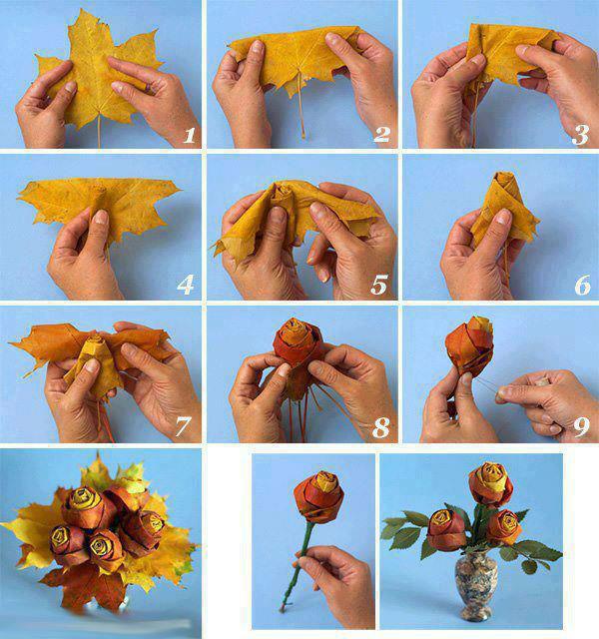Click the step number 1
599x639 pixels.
coord(189,136)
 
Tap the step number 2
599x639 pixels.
coord(381,135)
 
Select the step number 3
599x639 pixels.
coord(581,135)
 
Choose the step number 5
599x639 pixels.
coord(379,285)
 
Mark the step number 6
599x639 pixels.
coord(582,285)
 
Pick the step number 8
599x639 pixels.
coord(381,428)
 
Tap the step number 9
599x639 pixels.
coord(581,426)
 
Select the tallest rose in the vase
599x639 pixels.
coord(490,483)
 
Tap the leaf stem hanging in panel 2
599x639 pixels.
coord(300,105)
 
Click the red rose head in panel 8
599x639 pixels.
coord(298,342)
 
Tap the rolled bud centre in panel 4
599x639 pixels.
coord(97,195)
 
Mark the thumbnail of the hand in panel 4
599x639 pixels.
coord(100,218)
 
